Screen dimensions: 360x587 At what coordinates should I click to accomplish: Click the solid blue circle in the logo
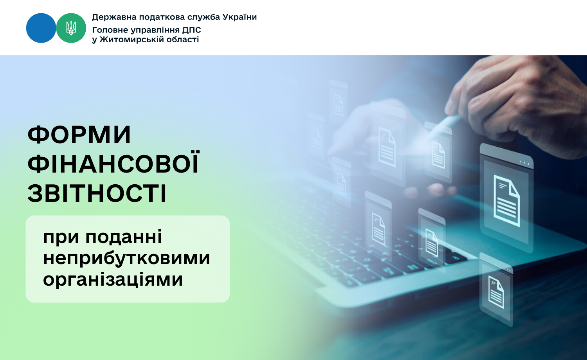(41, 28)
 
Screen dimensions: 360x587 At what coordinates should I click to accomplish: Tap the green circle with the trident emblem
(71, 28)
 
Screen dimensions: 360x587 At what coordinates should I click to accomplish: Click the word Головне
(110, 30)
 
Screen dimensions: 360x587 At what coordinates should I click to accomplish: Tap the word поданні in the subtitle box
(124, 237)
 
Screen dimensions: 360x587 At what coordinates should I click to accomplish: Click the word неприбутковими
(126, 258)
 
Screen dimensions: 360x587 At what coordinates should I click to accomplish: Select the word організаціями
(113, 279)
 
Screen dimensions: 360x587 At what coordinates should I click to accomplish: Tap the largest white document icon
(506, 201)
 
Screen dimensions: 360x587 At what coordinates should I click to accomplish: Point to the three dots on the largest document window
(524, 162)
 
